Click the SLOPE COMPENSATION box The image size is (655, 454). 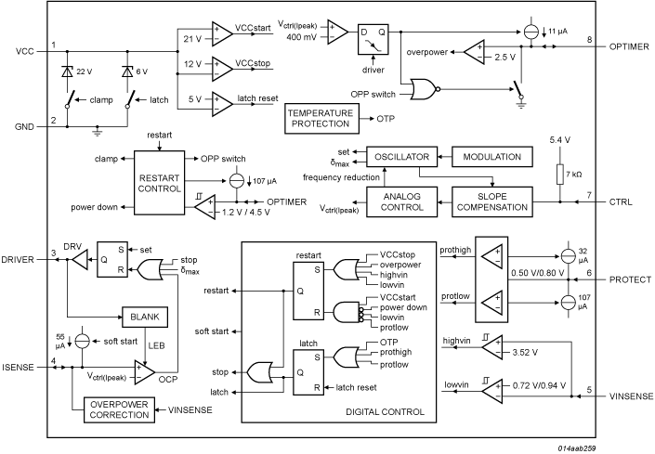click(x=491, y=200)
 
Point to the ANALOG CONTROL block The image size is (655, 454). click(x=400, y=200)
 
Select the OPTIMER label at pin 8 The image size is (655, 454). click(x=630, y=46)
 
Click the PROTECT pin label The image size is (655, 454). click(x=628, y=278)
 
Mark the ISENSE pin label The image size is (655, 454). click(x=20, y=367)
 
